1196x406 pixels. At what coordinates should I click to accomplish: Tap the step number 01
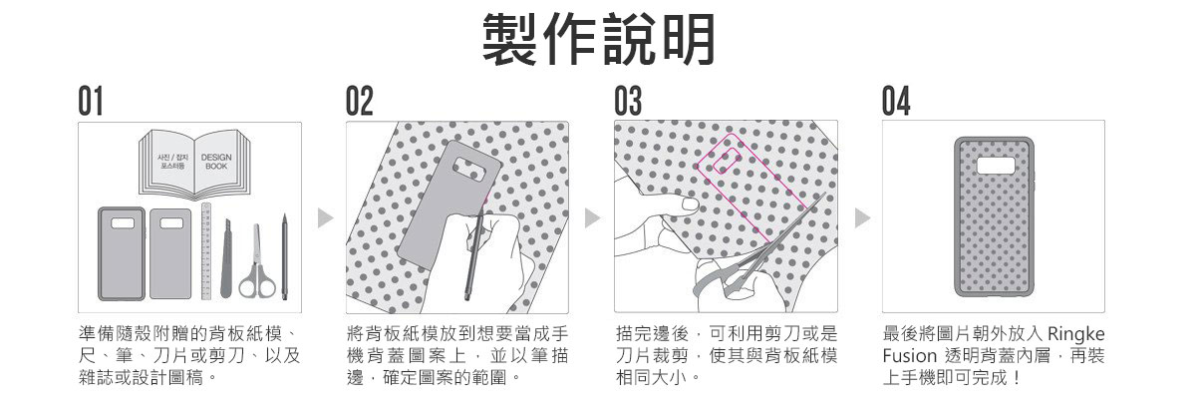pos(92,102)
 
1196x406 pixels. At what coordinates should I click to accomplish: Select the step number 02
pos(360,102)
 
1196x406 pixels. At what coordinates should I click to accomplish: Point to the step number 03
pos(629,102)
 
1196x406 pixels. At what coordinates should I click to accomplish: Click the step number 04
pos(898,102)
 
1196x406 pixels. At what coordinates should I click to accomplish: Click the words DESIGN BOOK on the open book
pos(216,162)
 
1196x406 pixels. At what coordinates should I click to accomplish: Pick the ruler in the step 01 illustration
pos(206,250)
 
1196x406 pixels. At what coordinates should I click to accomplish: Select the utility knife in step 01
pos(228,259)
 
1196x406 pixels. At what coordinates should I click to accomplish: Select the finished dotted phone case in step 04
pos(994,214)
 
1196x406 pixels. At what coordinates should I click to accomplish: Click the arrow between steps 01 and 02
pos(323,215)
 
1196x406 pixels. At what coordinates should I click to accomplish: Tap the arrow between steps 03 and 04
pos(862,215)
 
